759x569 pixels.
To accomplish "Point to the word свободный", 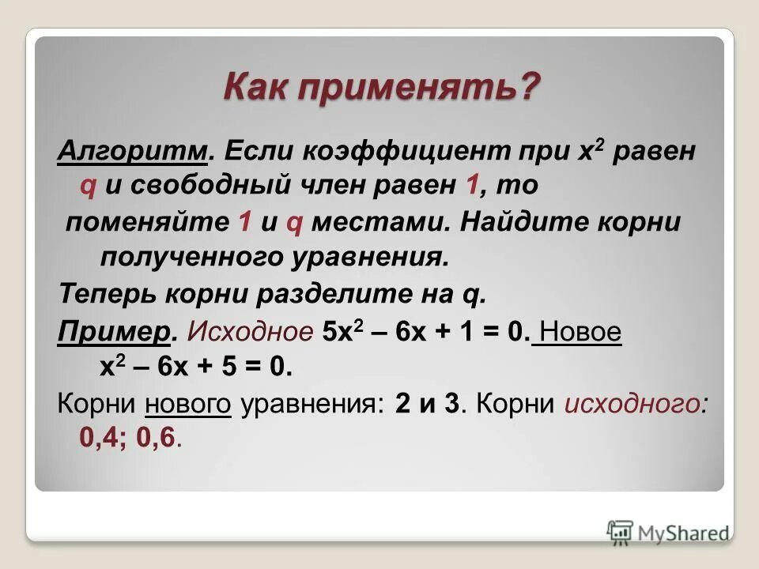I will pyautogui.click(x=208, y=186).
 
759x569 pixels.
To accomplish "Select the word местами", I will pyautogui.click(x=379, y=222).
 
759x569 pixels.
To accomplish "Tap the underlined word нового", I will pyautogui.click(x=188, y=404).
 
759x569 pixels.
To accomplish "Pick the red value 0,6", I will pyautogui.click(x=157, y=439).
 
